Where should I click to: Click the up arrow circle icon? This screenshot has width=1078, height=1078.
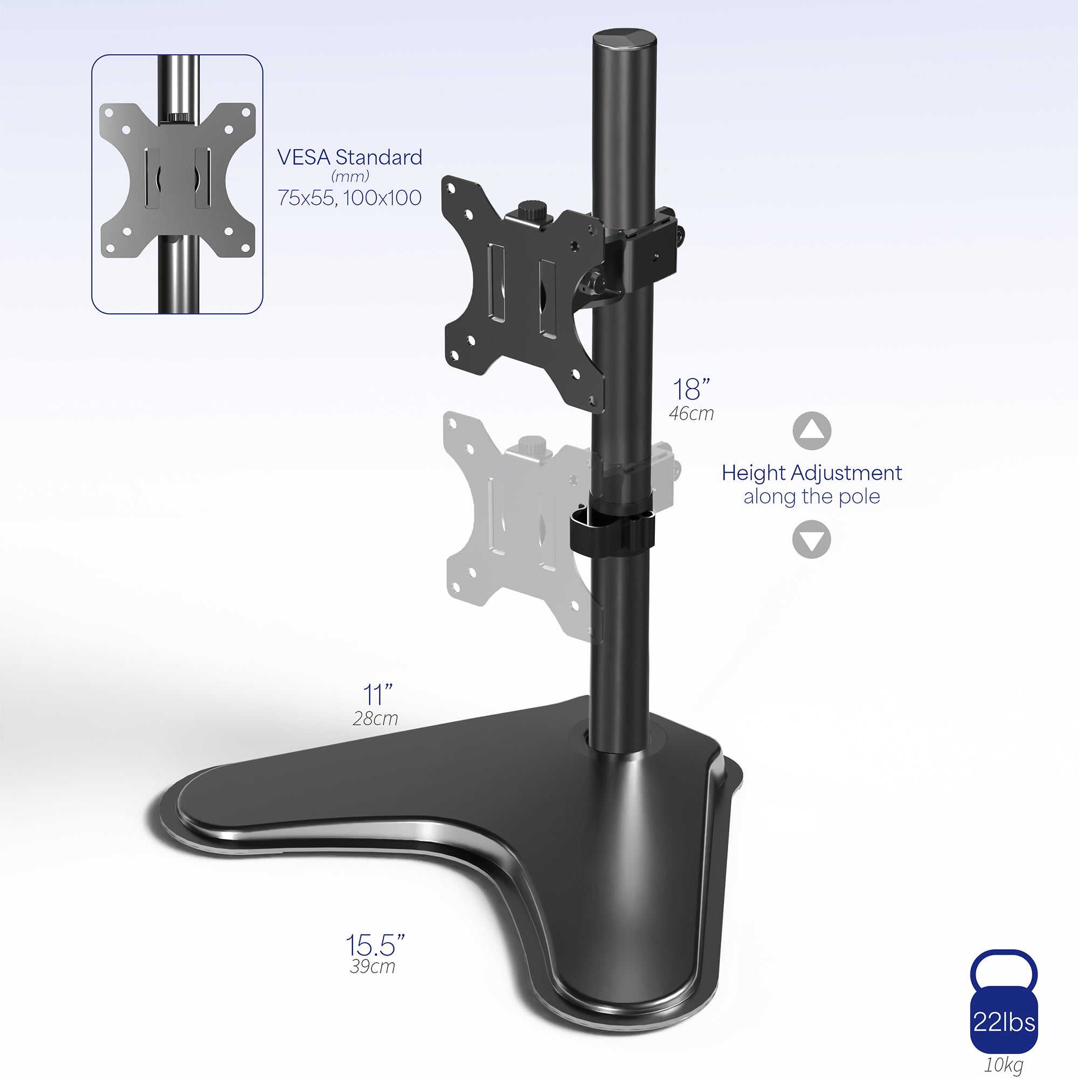point(812,431)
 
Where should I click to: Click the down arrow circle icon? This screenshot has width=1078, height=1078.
point(812,539)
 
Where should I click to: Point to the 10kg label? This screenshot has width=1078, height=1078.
point(1004,1065)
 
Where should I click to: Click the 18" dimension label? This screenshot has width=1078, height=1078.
point(691,390)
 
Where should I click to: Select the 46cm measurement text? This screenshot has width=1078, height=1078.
point(692,413)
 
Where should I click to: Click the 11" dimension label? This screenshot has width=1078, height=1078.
point(378,695)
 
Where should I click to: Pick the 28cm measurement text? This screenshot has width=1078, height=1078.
point(376,718)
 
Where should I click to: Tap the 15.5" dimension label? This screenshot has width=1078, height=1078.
point(375,945)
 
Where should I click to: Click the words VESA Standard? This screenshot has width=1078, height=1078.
point(350,157)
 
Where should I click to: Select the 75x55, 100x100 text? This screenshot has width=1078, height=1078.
point(350,197)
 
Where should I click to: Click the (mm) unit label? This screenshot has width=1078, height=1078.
point(350,177)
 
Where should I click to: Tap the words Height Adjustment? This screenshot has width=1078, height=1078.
point(811,473)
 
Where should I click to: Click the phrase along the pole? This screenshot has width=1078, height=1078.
point(811,496)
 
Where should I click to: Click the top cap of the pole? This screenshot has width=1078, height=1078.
point(624,41)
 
